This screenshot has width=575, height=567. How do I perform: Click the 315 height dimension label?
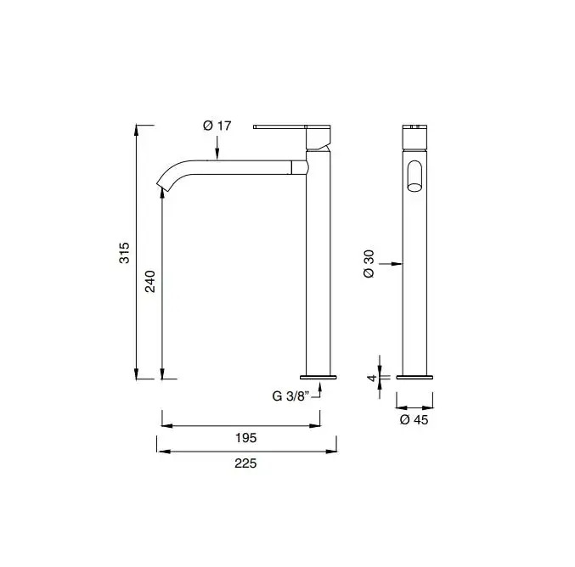[x=124, y=253]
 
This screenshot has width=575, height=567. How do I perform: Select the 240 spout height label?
[x=150, y=281]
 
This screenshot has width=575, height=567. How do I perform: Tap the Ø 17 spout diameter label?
[x=217, y=126]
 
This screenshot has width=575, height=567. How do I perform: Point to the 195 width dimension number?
[x=245, y=438]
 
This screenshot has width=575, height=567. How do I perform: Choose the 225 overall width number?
[x=245, y=463]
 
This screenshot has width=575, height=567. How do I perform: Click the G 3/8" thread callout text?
[x=291, y=396]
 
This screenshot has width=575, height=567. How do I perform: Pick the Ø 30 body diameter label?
[x=369, y=263]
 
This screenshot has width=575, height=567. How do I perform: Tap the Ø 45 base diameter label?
[x=414, y=419]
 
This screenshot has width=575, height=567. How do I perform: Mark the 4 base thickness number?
[x=372, y=377]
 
